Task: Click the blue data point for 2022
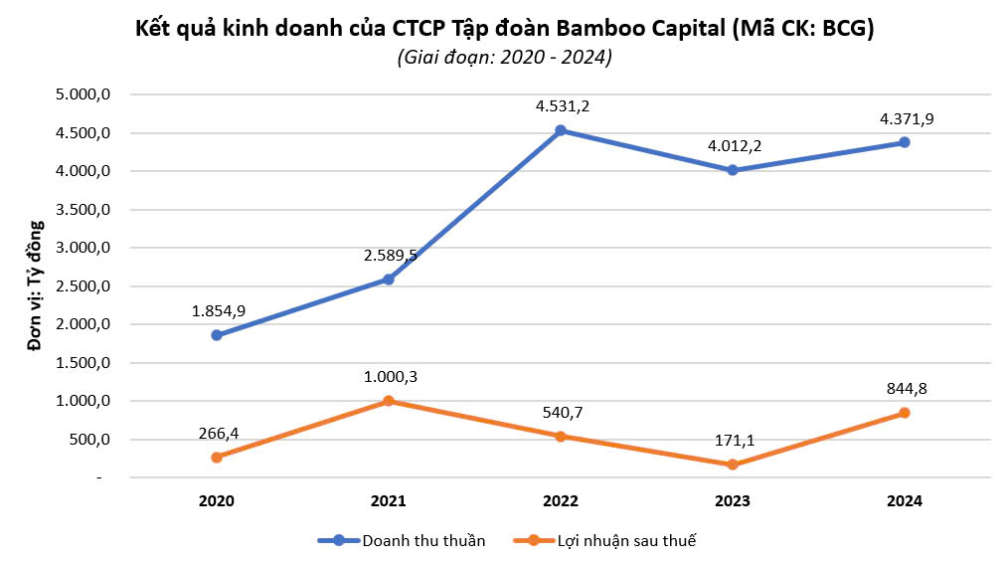[561, 130]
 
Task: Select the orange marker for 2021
[389, 401]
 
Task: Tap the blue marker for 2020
[217, 335]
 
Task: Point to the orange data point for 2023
[733, 465]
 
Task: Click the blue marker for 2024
[905, 142]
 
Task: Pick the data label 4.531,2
[561, 106]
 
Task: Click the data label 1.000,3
[389, 377]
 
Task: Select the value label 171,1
[733, 440]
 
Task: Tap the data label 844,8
[905, 389]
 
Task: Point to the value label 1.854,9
[218, 311]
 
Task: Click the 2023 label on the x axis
[733, 502]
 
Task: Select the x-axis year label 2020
[217, 502]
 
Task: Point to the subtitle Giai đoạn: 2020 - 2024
[504, 58]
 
